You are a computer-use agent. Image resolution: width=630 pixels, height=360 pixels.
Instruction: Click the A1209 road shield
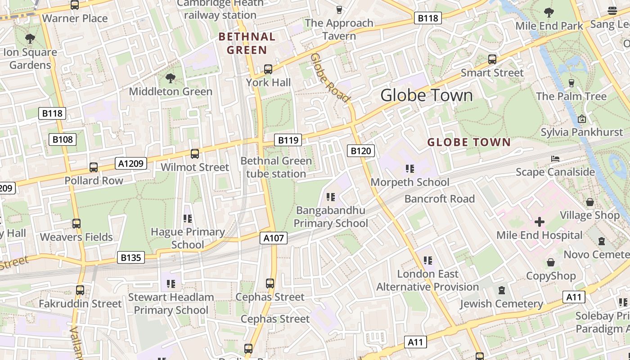tap(131, 163)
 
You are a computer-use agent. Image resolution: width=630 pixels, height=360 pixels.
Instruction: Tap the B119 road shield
tap(288, 140)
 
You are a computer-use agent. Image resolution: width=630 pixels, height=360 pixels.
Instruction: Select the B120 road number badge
tap(361, 151)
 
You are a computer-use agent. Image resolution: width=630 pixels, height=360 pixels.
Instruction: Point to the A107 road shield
tap(273, 238)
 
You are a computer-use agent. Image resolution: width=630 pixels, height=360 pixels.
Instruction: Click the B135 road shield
tap(131, 258)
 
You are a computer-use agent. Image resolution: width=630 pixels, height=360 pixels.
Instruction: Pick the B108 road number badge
tap(62, 139)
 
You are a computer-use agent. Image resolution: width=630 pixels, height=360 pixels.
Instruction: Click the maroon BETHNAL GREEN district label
tap(247, 43)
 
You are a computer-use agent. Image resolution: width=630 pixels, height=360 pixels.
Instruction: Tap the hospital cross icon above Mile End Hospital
tap(539, 221)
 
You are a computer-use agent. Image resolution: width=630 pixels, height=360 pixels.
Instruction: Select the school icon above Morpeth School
tap(409, 169)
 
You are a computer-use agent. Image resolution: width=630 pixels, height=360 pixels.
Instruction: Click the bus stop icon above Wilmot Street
tap(195, 154)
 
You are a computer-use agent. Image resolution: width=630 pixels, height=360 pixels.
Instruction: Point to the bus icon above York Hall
tap(268, 69)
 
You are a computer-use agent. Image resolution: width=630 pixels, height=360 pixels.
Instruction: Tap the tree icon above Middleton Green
tap(171, 79)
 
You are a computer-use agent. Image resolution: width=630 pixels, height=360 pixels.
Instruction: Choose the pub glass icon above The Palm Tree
tap(571, 83)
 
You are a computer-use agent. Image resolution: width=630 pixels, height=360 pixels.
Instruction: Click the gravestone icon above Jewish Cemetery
tap(502, 290)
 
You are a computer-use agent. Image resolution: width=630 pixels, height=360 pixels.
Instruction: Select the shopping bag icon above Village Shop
tap(589, 202)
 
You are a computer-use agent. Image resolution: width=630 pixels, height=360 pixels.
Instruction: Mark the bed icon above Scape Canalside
tap(555, 159)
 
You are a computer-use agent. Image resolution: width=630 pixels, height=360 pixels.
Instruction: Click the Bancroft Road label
tap(439, 199)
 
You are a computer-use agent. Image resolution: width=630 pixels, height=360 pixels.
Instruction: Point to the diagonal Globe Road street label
tap(330, 77)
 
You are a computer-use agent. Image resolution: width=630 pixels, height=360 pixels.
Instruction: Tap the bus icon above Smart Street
tap(492, 59)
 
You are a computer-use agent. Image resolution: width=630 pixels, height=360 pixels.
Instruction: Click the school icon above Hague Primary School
tap(188, 219)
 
